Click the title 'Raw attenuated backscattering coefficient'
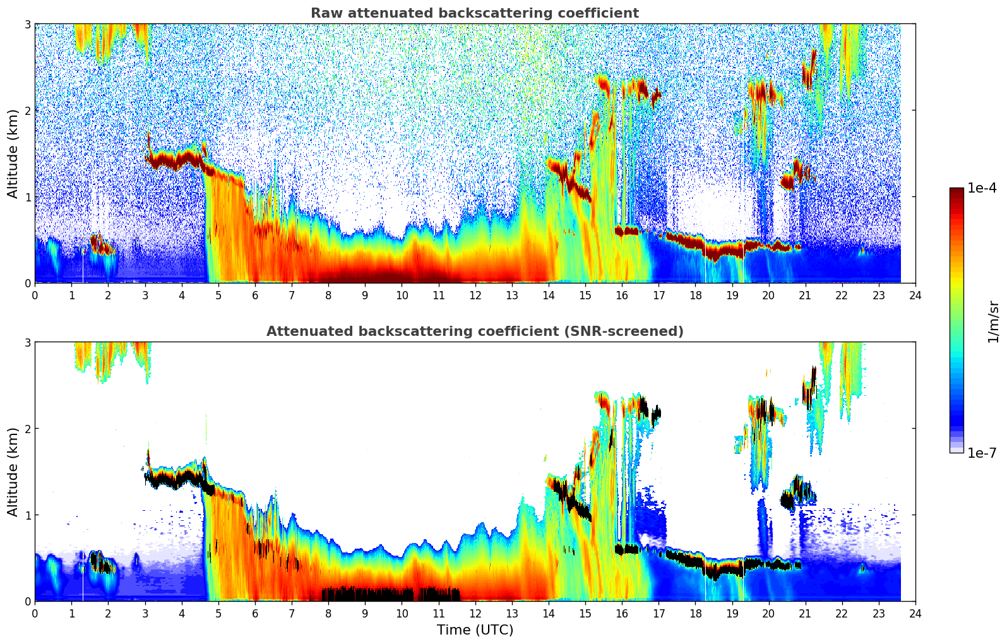point(474,13)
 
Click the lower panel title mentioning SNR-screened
point(474,331)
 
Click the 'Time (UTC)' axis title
point(475,630)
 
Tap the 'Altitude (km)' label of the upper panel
point(13,153)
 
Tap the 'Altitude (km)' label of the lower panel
point(13,472)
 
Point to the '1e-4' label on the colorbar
point(982,188)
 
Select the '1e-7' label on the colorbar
point(982,453)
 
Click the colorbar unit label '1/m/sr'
point(993,321)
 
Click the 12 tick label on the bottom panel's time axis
point(475,613)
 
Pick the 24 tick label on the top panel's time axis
point(915,295)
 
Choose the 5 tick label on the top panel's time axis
point(218,295)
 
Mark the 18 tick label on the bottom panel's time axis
point(695,613)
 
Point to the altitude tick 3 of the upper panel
point(27,24)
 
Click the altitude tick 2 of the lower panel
point(27,429)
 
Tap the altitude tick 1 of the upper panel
point(27,197)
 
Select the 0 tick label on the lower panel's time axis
point(35,613)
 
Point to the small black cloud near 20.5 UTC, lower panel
point(787,501)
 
